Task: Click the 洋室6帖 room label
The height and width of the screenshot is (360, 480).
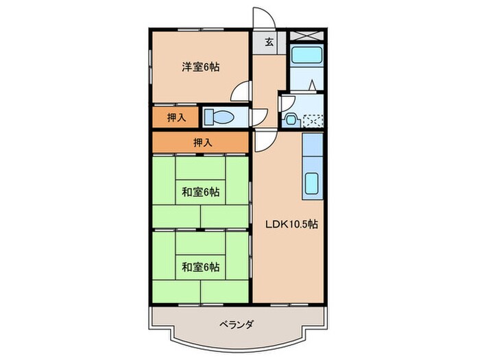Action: [201, 67]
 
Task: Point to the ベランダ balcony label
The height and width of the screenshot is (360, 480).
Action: [237, 324]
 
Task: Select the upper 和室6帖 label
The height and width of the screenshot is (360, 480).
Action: [201, 192]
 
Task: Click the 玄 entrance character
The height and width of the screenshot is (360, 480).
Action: [269, 43]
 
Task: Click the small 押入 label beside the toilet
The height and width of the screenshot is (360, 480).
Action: [176, 117]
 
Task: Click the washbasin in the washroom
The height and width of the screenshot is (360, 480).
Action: [291, 119]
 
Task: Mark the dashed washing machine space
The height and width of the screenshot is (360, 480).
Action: [312, 120]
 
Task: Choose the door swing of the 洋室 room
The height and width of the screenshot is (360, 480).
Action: [240, 91]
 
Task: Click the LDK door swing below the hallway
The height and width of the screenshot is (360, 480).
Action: [264, 142]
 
